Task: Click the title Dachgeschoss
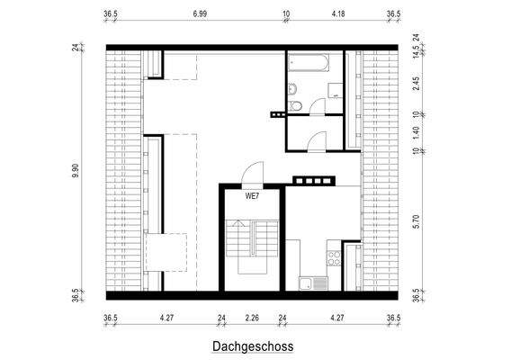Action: [253, 346]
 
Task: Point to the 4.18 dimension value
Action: [339, 15]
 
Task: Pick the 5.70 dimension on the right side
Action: [416, 222]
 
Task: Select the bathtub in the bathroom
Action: [311, 63]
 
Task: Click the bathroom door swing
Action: [317, 106]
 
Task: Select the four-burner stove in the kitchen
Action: [334, 258]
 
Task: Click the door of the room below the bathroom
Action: [317, 140]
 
